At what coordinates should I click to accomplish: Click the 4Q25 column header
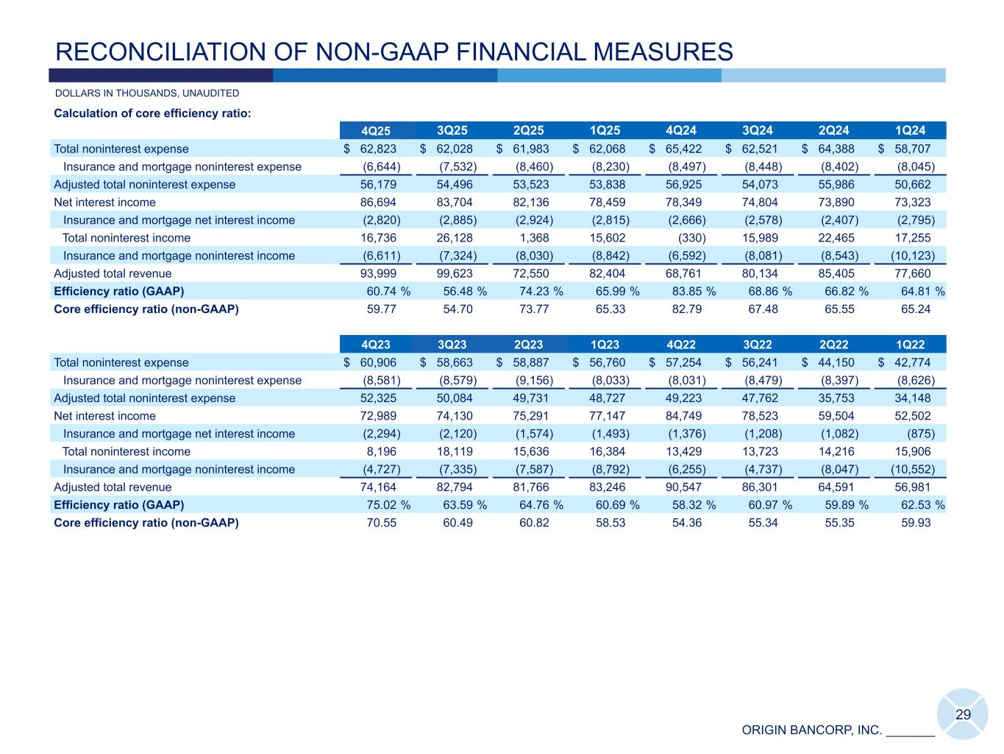(377, 131)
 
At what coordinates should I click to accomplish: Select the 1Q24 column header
(910, 131)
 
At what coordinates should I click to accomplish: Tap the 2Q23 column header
(528, 345)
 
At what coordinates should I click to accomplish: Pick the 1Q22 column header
(910, 345)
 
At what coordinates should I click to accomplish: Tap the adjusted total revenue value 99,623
(455, 274)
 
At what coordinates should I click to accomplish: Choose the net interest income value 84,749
(683, 416)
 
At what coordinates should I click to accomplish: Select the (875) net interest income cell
(919, 434)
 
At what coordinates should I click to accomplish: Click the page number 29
(963, 714)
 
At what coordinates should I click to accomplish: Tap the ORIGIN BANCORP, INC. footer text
(811, 730)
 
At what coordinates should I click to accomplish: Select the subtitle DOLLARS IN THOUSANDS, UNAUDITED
(147, 94)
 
